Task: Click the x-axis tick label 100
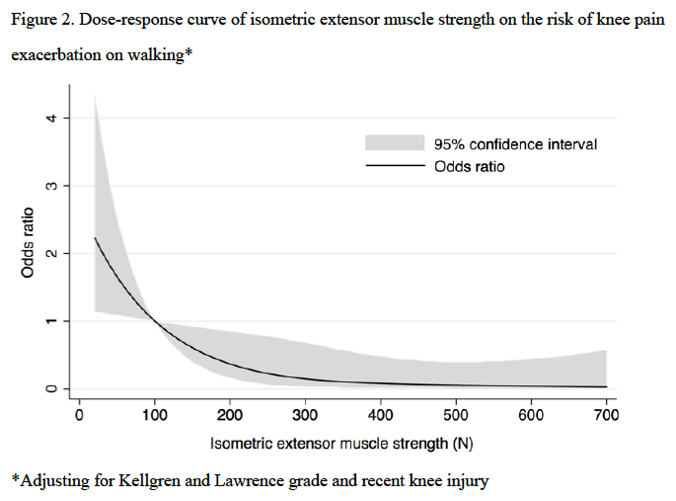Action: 155,416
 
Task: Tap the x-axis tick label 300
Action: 306,416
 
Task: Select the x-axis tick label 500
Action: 456,416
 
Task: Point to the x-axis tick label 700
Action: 606,416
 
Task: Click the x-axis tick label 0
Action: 80,416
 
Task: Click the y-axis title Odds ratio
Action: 30,241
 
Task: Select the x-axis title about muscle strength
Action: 341,444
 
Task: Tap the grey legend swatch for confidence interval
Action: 394,144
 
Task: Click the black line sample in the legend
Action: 394,167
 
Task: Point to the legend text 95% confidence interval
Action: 515,144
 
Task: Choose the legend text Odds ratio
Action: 469,167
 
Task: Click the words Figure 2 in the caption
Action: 40,22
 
